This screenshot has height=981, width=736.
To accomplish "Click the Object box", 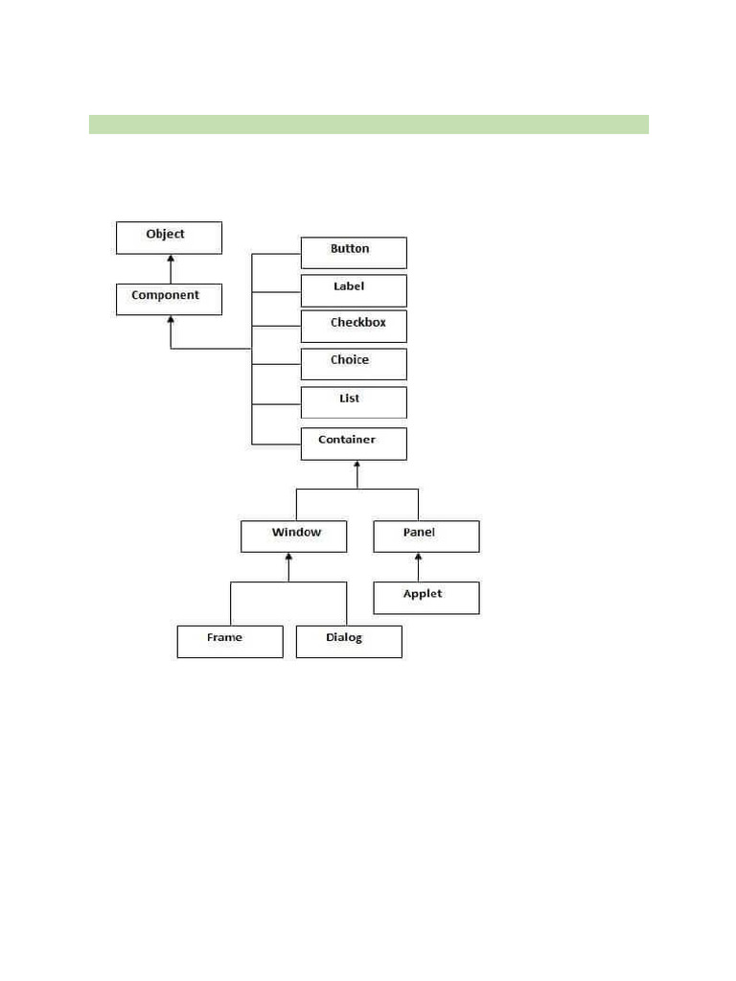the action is tap(169, 238).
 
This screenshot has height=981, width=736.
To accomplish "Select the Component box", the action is tap(169, 299).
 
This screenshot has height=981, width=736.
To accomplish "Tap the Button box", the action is tap(354, 253).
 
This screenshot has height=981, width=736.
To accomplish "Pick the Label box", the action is tap(354, 290).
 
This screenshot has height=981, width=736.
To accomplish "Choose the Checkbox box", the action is tap(354, 326).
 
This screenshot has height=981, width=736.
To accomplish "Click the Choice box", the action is tap(354, 364).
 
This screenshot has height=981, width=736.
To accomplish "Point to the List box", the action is tap(354, 402).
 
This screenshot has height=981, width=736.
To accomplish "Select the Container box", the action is tap(354, 444).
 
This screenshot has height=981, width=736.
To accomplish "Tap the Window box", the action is tap(293, 536).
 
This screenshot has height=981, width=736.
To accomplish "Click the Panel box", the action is tap(425, 536).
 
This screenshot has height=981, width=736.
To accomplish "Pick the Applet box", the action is tap(425, 598).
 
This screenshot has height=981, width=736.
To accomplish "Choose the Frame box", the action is tap(230, 641).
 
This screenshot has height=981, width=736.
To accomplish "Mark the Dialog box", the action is tap(349, 641).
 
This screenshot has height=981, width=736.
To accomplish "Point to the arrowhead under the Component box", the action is tap(171, 321).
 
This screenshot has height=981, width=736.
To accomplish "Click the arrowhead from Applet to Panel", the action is tap(418, 559).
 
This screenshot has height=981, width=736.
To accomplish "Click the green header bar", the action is tap(368, 125).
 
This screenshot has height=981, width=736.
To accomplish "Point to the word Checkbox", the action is tap(358, 323).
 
